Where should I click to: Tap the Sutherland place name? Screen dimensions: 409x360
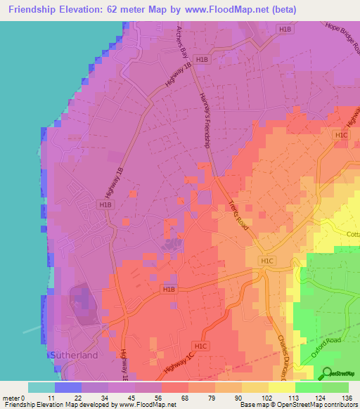click(x=74, y=356)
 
